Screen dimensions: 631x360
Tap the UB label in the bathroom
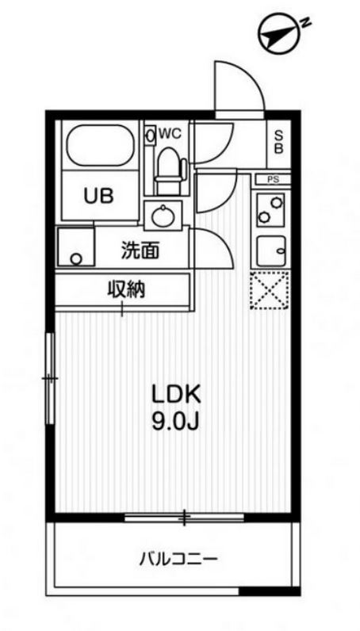(x=98, y=195)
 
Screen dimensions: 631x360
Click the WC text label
(x=170, y=134)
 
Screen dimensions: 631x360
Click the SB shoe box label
(x=280, y=142)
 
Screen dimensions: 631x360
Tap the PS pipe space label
(x=273, y=180)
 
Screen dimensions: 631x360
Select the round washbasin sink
(x=164, y=214)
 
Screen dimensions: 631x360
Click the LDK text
(x=174, y=394)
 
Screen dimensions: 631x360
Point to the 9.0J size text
(x=174, y=421)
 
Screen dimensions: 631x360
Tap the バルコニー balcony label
(x=178, y=560)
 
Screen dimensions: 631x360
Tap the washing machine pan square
(x=75, y=247)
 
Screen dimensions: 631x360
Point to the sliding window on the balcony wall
(x=184, y=518)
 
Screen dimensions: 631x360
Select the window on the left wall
(x=49, y=378)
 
